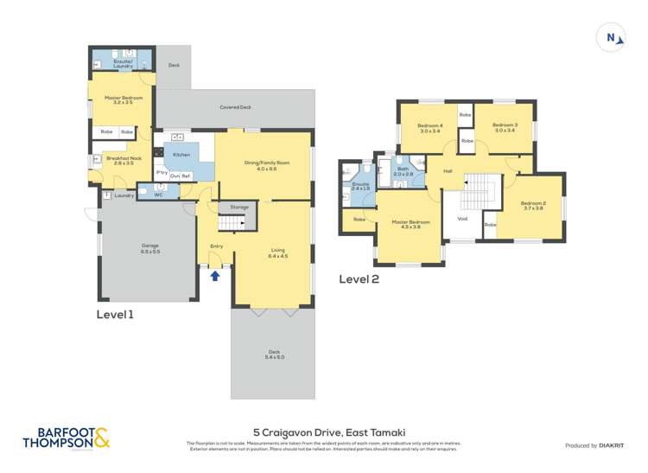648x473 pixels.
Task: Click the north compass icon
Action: click(612, 38)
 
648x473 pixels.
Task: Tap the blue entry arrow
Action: click(215, 276)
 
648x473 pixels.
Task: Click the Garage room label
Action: click(150, 248)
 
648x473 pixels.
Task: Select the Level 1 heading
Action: click(115, 316)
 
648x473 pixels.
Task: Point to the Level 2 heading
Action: click(359, 278)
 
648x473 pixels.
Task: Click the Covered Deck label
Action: click(235, 107)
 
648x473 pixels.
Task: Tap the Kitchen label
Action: click(181, 155)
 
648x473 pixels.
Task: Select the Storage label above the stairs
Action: click(238, 208)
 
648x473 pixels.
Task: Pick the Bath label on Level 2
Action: click(403, 171)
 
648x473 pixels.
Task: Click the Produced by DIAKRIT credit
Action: click(594, 445)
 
